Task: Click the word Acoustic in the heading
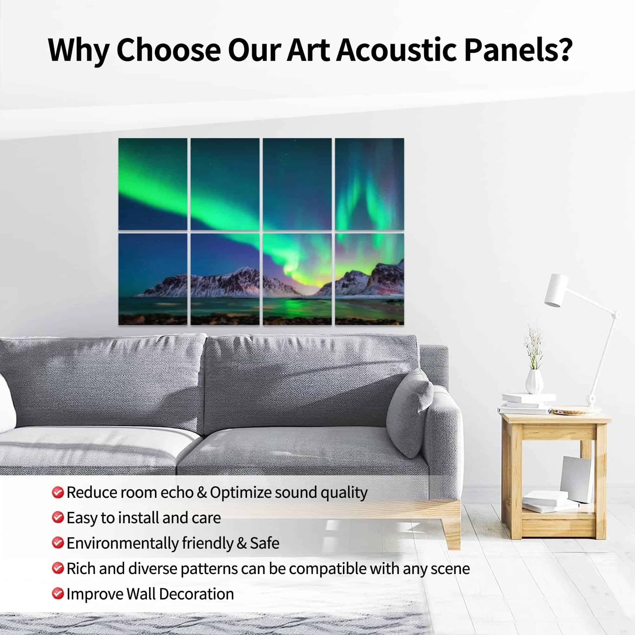click(x=396, y=50)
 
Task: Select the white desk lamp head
click(x=557, y=290)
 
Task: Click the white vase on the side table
click(x=534, y=381)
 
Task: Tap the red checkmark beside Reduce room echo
click(x=57, y=493)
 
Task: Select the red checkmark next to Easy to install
click(x=57, y=518)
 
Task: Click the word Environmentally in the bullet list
click(x=122, y=543)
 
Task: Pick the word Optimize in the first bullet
click(x=241, y=493)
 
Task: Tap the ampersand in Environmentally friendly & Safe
click(x=241, y=543)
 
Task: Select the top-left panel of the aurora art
click(x=152, y=184)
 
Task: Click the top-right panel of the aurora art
click(x=370, y=184)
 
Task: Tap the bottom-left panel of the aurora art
click(x=152, y=279)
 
